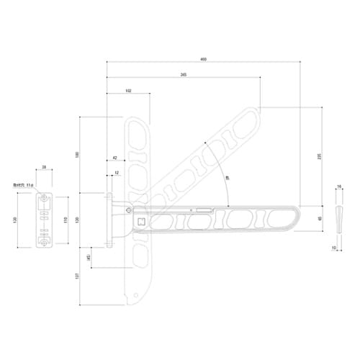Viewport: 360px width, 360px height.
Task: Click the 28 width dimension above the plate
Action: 45,167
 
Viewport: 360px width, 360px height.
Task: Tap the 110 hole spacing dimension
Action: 66,220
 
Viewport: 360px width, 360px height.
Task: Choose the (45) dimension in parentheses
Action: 89,258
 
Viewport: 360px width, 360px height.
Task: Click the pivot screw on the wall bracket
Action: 128,210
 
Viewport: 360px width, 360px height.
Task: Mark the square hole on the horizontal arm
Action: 142,222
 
